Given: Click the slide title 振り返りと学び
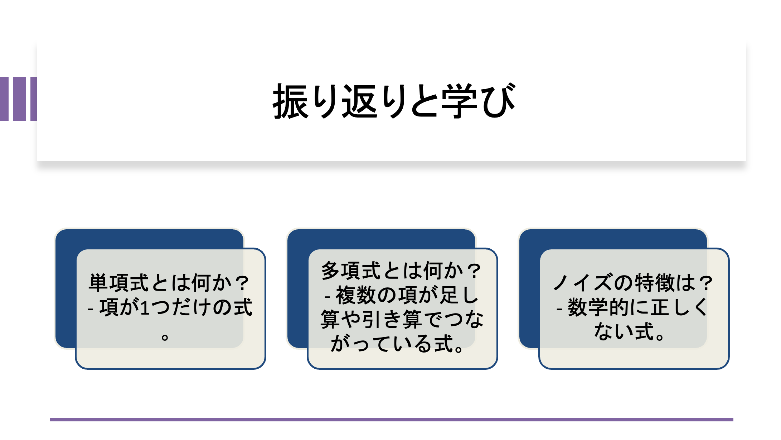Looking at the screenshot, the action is coord(394,101).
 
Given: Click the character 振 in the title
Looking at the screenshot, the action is coord(290,101).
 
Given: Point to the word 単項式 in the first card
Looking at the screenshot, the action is coord(118,283).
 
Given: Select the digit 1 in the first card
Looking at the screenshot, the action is coord(145,308).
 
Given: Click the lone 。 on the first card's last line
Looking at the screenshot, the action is coord(165,337).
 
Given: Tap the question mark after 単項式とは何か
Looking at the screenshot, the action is coord(243,283).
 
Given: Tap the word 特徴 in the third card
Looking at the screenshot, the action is coord(655,283).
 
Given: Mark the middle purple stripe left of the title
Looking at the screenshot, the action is coord(19,99).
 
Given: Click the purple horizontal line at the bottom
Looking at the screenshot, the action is coord(392,420).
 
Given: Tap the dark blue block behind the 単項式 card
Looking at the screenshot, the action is coord(66,288).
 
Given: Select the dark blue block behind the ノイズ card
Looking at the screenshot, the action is coord(530,288).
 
